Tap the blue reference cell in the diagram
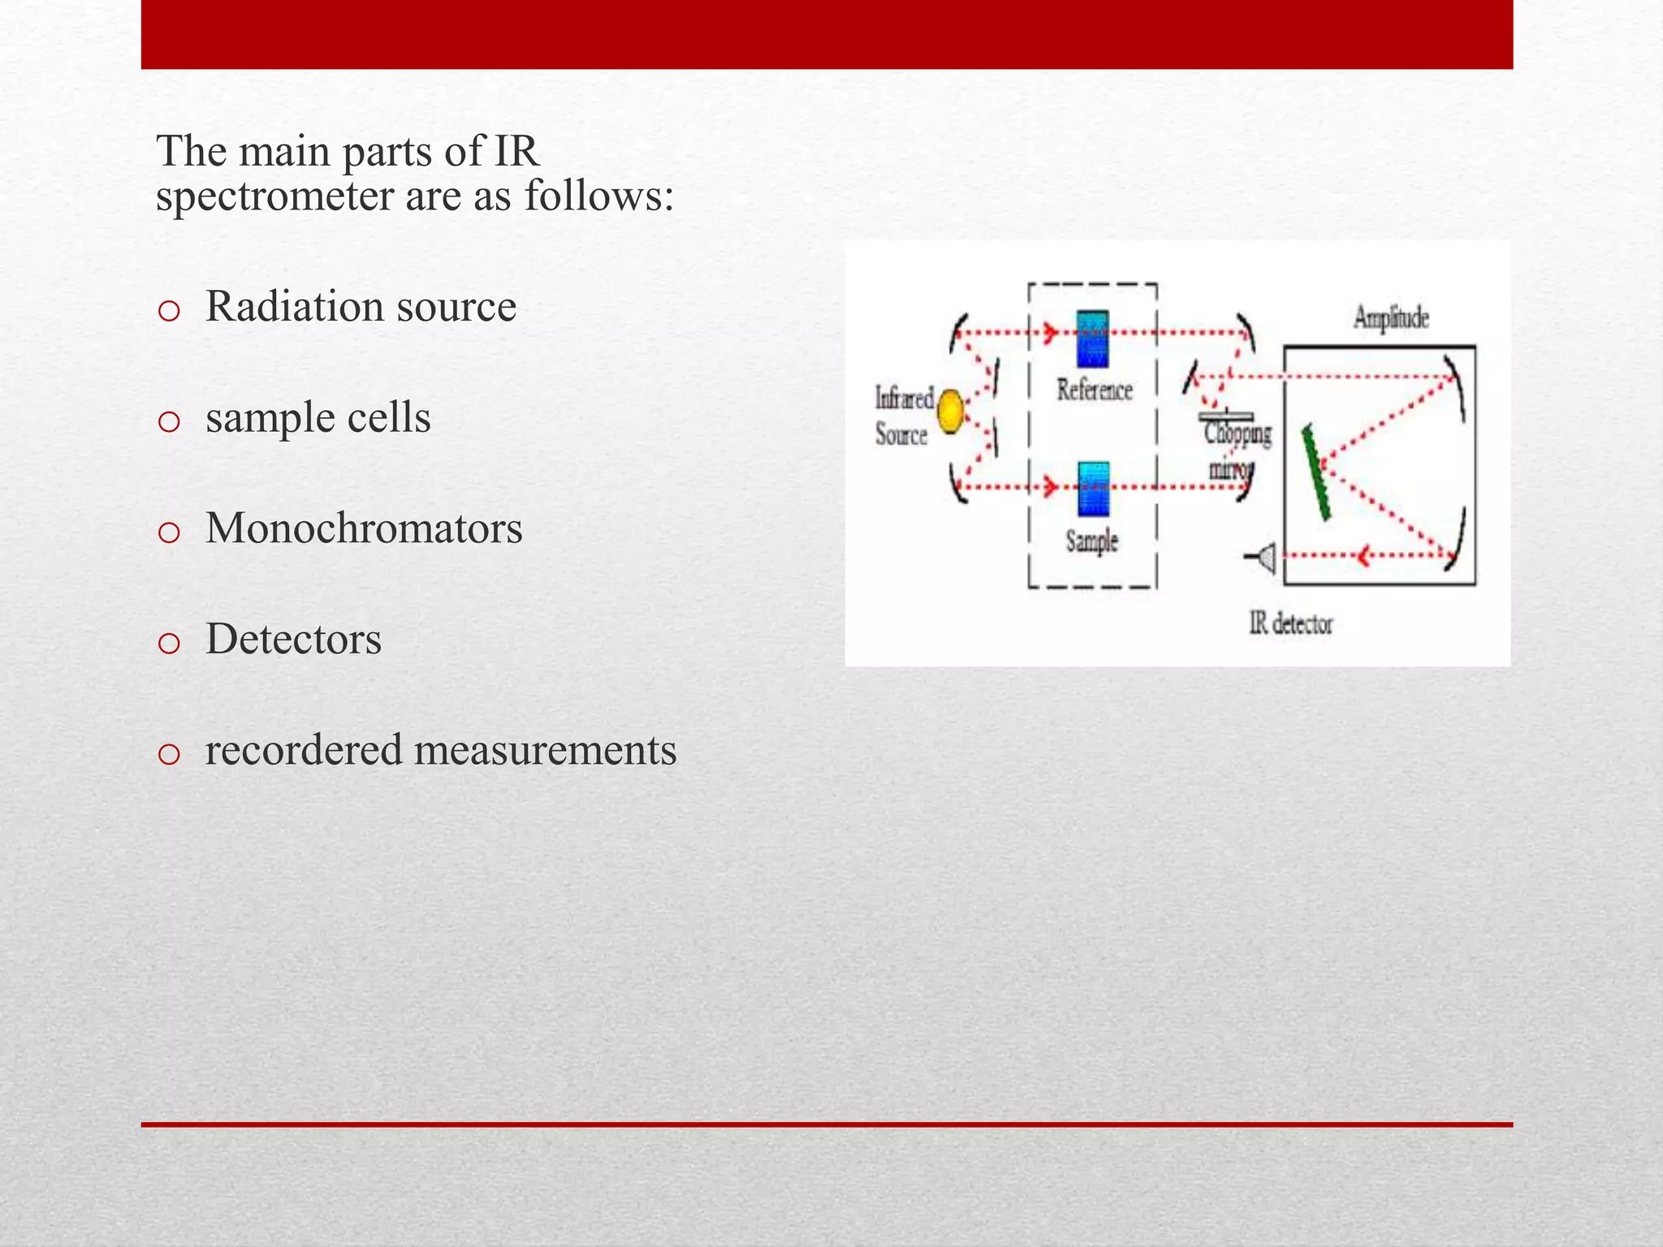pos(1093,339)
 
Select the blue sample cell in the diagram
pos(1093,490)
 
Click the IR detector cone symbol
pos(1263,558)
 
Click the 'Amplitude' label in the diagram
pos(1391,317)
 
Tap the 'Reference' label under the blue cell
pos(1095,390)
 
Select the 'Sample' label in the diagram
pos(1092,542)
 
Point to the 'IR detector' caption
pos(1291,623)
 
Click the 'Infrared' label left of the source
pos(904,399)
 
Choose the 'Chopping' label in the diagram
pos(1238,434)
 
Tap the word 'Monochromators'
pos(364,529)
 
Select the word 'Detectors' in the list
pos(293,639)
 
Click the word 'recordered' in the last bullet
pos(304,749)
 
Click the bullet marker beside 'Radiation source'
pos(169,311)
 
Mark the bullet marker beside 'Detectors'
pos(169,644)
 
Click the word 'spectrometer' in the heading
pos(274,196)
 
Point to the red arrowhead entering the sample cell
pos(1052,487)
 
